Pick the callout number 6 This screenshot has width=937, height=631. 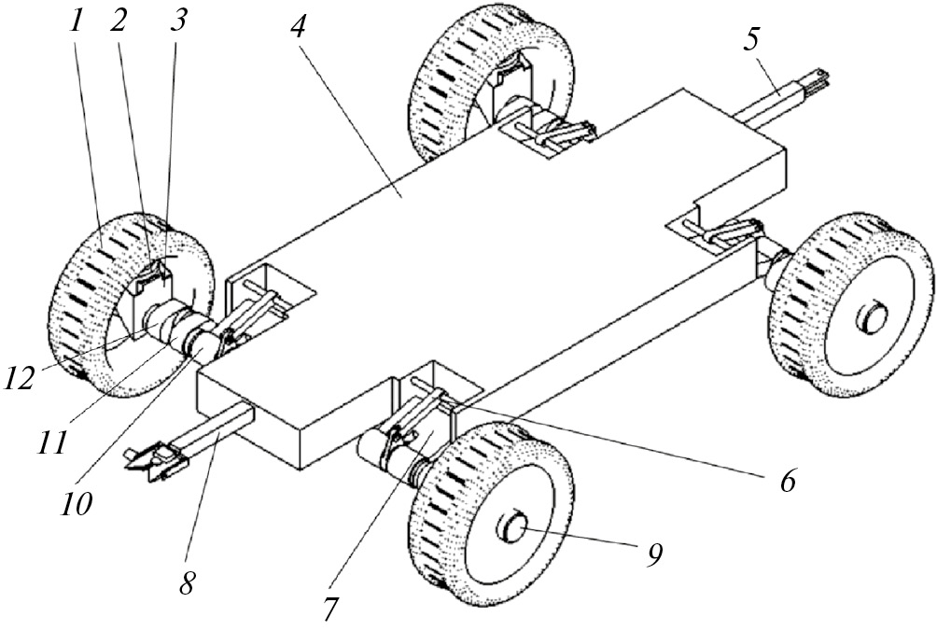(786, 480)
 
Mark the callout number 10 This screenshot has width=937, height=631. (77, 505)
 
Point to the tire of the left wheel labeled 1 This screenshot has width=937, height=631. (79, 308)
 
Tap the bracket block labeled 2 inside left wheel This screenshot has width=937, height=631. (149, 277)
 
